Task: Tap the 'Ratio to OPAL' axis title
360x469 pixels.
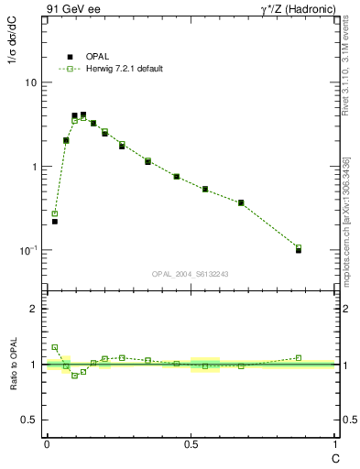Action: tap(13, 364)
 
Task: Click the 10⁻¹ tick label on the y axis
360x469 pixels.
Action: tap(27, 250)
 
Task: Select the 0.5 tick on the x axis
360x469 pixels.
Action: tap(190, 444)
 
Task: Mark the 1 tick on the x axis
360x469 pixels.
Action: tap(334, 444)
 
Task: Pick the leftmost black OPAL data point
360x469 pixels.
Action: tap(55, 221)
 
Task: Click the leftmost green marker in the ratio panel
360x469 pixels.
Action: tap(55, 347)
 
